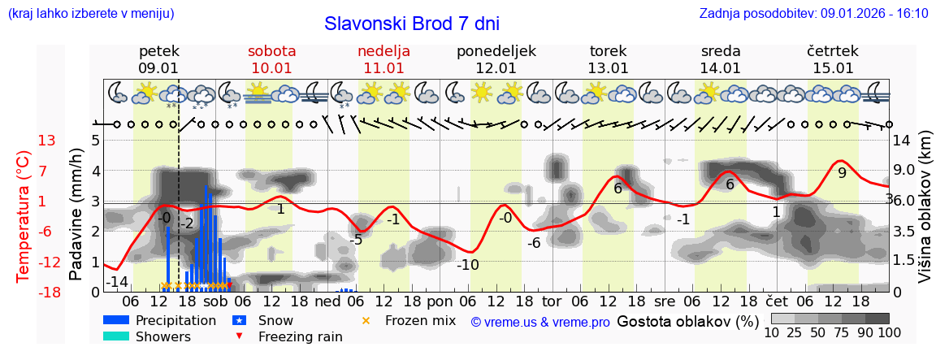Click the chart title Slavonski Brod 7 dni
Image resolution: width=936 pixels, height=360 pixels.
click(412, 24)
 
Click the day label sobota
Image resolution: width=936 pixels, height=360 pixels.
click(272, 51)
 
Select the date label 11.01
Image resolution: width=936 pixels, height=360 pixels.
click(384, 68)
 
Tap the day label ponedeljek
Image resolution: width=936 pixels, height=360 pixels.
click(496, 51)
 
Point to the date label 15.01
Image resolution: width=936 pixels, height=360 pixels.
click(833, 68)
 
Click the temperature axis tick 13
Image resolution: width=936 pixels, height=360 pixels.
click(47, 141)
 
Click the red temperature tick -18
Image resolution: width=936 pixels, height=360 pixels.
click(47, 292)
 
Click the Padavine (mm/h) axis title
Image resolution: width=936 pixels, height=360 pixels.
click(77, 215)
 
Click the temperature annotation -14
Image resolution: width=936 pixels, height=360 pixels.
click(119, 282)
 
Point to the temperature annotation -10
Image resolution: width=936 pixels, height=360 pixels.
click(467, 264)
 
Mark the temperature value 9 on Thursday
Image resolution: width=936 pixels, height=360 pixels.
click(842, 173)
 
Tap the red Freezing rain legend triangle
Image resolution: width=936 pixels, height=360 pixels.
click(239, 336)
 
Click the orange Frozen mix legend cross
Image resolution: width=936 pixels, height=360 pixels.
click(366, 320)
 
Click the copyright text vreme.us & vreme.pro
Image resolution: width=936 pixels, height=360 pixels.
click(540, 322)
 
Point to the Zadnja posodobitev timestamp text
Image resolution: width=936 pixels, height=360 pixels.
click(813, 14)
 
